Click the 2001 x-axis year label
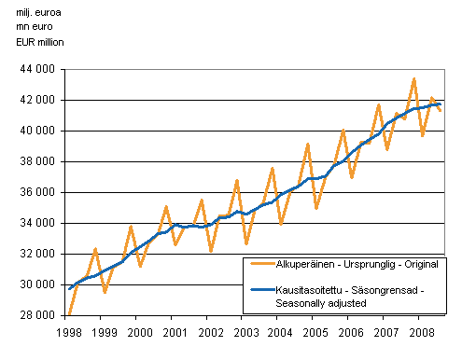coord(175,331)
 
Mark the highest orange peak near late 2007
coord(413,78)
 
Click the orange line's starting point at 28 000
coord(68,314)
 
